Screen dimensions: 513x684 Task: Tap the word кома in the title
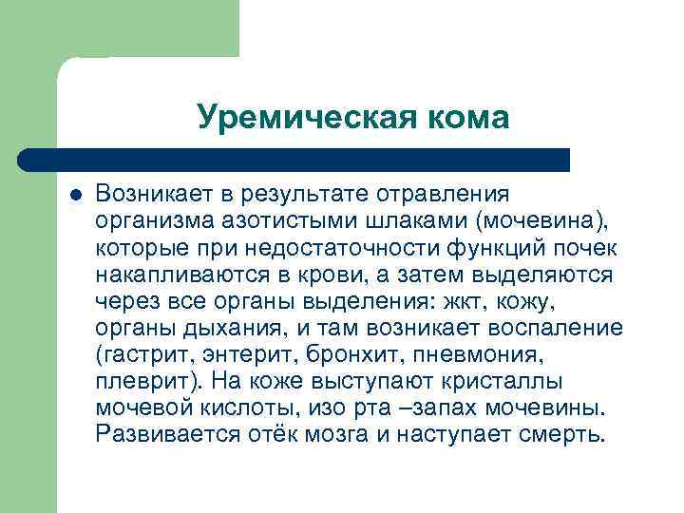465,117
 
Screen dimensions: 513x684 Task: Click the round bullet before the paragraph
76,194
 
